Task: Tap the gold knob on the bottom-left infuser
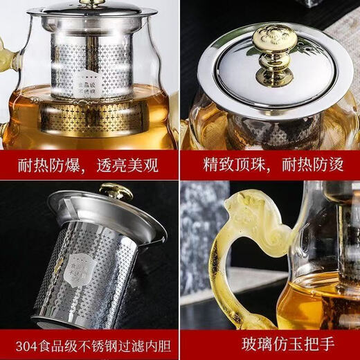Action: [x=116, y=190]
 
